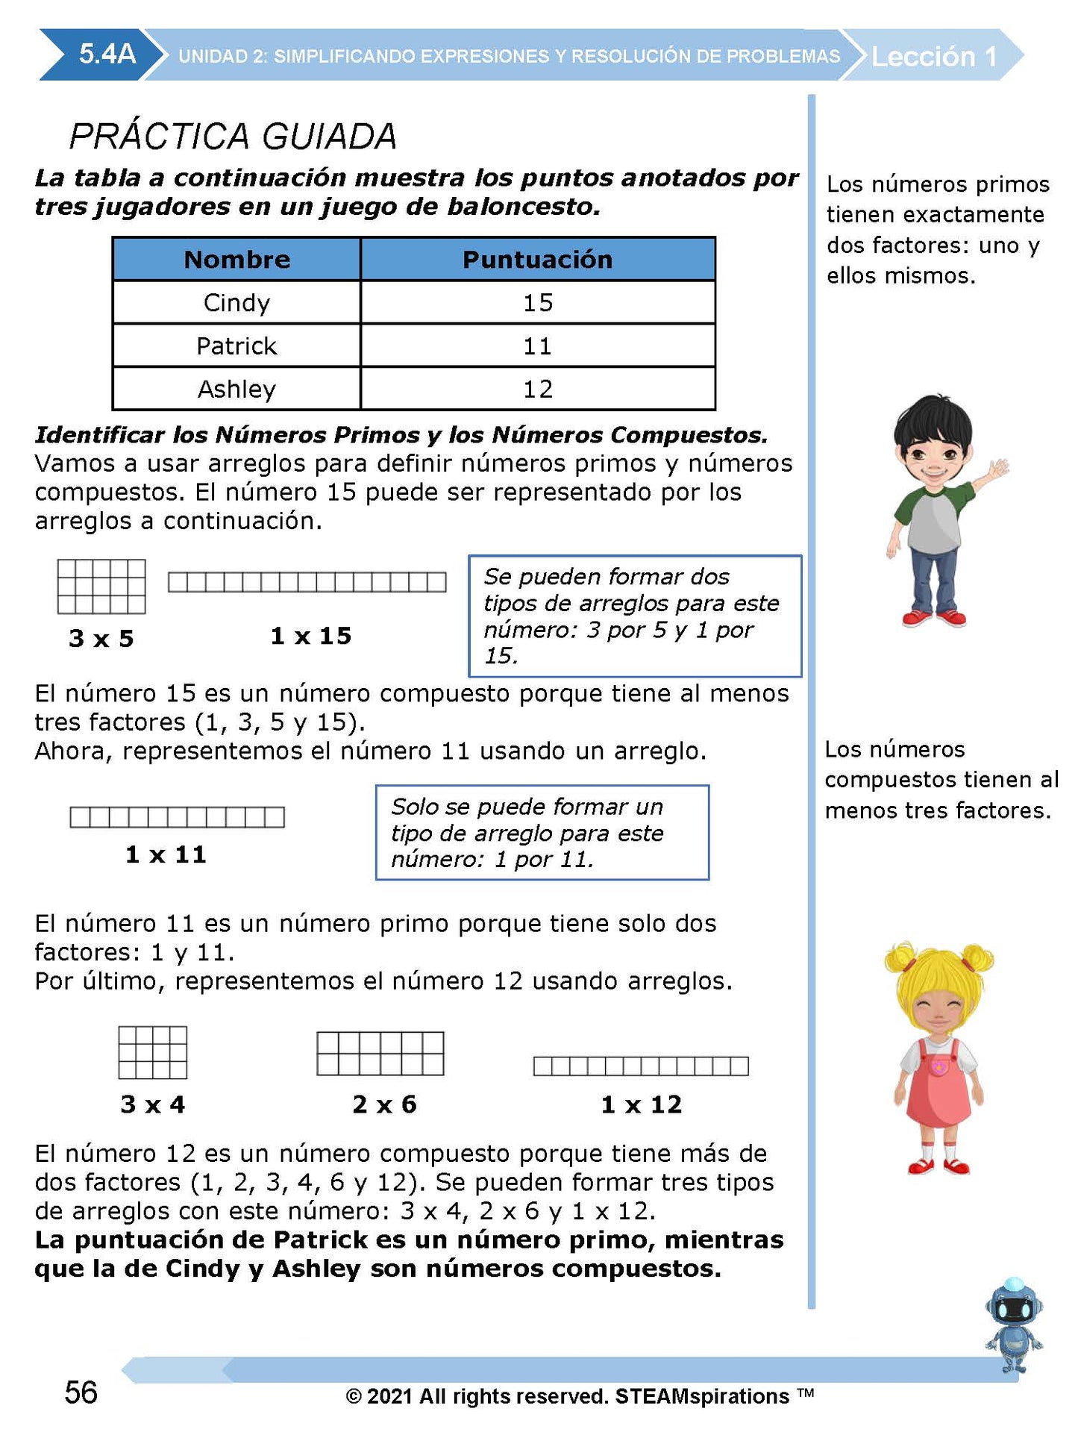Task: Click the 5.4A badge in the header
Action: pos(107,54)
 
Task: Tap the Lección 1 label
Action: pos(933,57)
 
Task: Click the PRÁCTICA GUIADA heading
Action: pos(233,136)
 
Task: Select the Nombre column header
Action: pos(236,259)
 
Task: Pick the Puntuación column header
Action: pos(537,259)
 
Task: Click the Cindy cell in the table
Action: pos(236,302)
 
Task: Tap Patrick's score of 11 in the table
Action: pos(537,346)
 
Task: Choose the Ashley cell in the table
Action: pos(236,389)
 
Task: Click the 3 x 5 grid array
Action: pos(101,586)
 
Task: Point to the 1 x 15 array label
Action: pos(310,636)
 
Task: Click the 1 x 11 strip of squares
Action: pos(177,817)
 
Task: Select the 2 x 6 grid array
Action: pos(380,1053)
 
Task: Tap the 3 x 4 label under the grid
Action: pos(153,1104)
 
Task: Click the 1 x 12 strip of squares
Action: pos(641,1066)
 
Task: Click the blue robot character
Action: pos(1013,1325)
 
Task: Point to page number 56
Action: pos(81,1392)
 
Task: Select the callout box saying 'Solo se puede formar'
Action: pos(542,832)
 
